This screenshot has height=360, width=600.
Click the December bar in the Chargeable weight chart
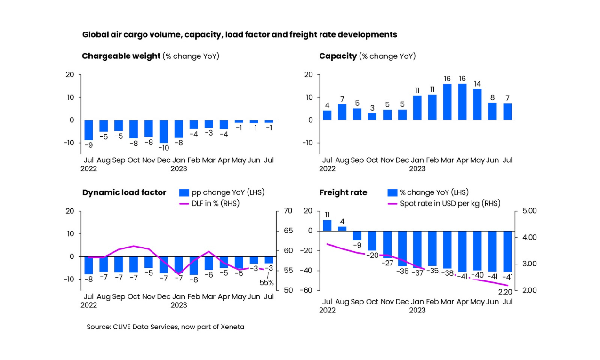click(163, 131)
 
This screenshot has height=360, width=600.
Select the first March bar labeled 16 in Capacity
click(447, 102)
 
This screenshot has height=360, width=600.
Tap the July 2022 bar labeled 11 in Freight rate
click(327, 225)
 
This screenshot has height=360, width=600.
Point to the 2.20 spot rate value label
click(505, 292)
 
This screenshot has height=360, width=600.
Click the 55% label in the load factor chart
click(266, 283)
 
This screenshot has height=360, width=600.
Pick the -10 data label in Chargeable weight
click(163, 147)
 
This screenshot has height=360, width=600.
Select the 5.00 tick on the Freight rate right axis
click(529, 211)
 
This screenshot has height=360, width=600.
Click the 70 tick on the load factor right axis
click(288, 211)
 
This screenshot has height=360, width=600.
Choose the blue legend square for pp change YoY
click(184, 192)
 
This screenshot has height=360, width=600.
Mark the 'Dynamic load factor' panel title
click(124, 192)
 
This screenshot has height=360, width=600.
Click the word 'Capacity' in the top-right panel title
click(337, 56)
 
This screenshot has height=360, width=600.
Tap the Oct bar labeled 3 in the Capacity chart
click(372, 117)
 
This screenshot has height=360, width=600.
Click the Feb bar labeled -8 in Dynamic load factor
click(193, 265)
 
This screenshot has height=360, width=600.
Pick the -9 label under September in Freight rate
click(357, 245)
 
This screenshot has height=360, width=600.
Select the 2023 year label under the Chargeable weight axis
click(179, 168)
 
